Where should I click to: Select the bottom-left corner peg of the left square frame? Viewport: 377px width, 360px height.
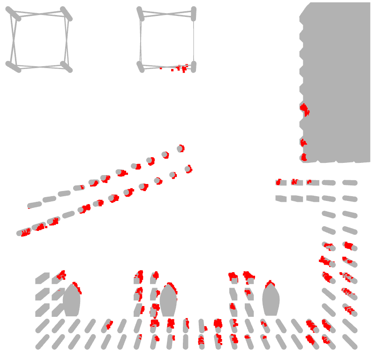click(13, 67)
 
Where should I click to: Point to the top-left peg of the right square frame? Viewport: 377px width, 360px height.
click(140, 14)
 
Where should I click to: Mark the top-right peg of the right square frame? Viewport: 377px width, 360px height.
click(193, 14)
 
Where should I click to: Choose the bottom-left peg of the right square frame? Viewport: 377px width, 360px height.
click(140, 67)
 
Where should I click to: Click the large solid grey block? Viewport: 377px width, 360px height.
click(338, 80)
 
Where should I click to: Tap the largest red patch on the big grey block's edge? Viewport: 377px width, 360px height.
click(305, 110)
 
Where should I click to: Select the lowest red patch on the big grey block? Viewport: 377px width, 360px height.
click(303, 157)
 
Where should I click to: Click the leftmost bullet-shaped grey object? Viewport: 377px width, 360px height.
click(72, 300)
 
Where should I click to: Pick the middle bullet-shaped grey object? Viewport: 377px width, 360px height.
click(168, 300)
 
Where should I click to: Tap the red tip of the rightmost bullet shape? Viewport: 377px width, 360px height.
click(270, 284)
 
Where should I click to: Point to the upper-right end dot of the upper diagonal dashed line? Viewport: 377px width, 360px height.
click(181, 148)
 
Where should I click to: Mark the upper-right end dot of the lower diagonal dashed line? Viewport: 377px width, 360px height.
click(188, 169)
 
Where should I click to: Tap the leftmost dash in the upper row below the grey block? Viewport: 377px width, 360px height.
click(280, 182)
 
